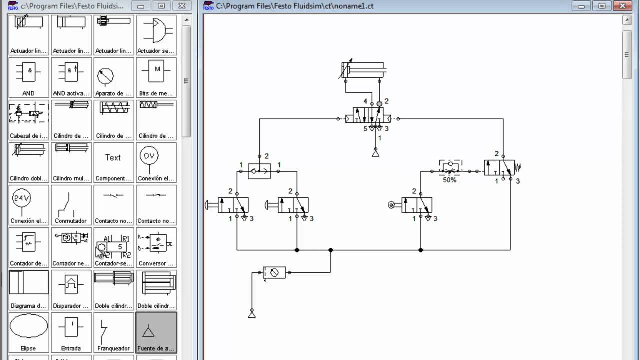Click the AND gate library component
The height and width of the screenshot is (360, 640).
coord(29,77)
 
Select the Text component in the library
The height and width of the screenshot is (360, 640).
coord(113,162)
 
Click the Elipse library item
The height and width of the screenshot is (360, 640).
coord(29,332)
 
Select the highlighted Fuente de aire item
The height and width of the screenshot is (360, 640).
coord(156,332)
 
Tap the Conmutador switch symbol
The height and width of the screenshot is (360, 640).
coord(71,205)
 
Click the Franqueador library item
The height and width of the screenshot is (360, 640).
coord(113,332)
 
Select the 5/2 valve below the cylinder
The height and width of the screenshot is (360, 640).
coord(368,119)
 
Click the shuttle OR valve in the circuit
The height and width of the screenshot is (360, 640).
coord(259,171)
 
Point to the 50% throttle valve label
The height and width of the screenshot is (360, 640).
coord(449,180)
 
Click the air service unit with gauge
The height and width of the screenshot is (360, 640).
coord(274,272)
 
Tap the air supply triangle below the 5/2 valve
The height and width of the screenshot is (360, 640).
coord(375,153)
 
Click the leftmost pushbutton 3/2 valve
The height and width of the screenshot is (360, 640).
coord(233,205)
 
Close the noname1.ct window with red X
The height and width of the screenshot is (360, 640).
coord(622,6)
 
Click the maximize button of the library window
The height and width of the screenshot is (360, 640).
coord(161,6)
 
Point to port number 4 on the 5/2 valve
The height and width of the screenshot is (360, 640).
coord(365,101)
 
